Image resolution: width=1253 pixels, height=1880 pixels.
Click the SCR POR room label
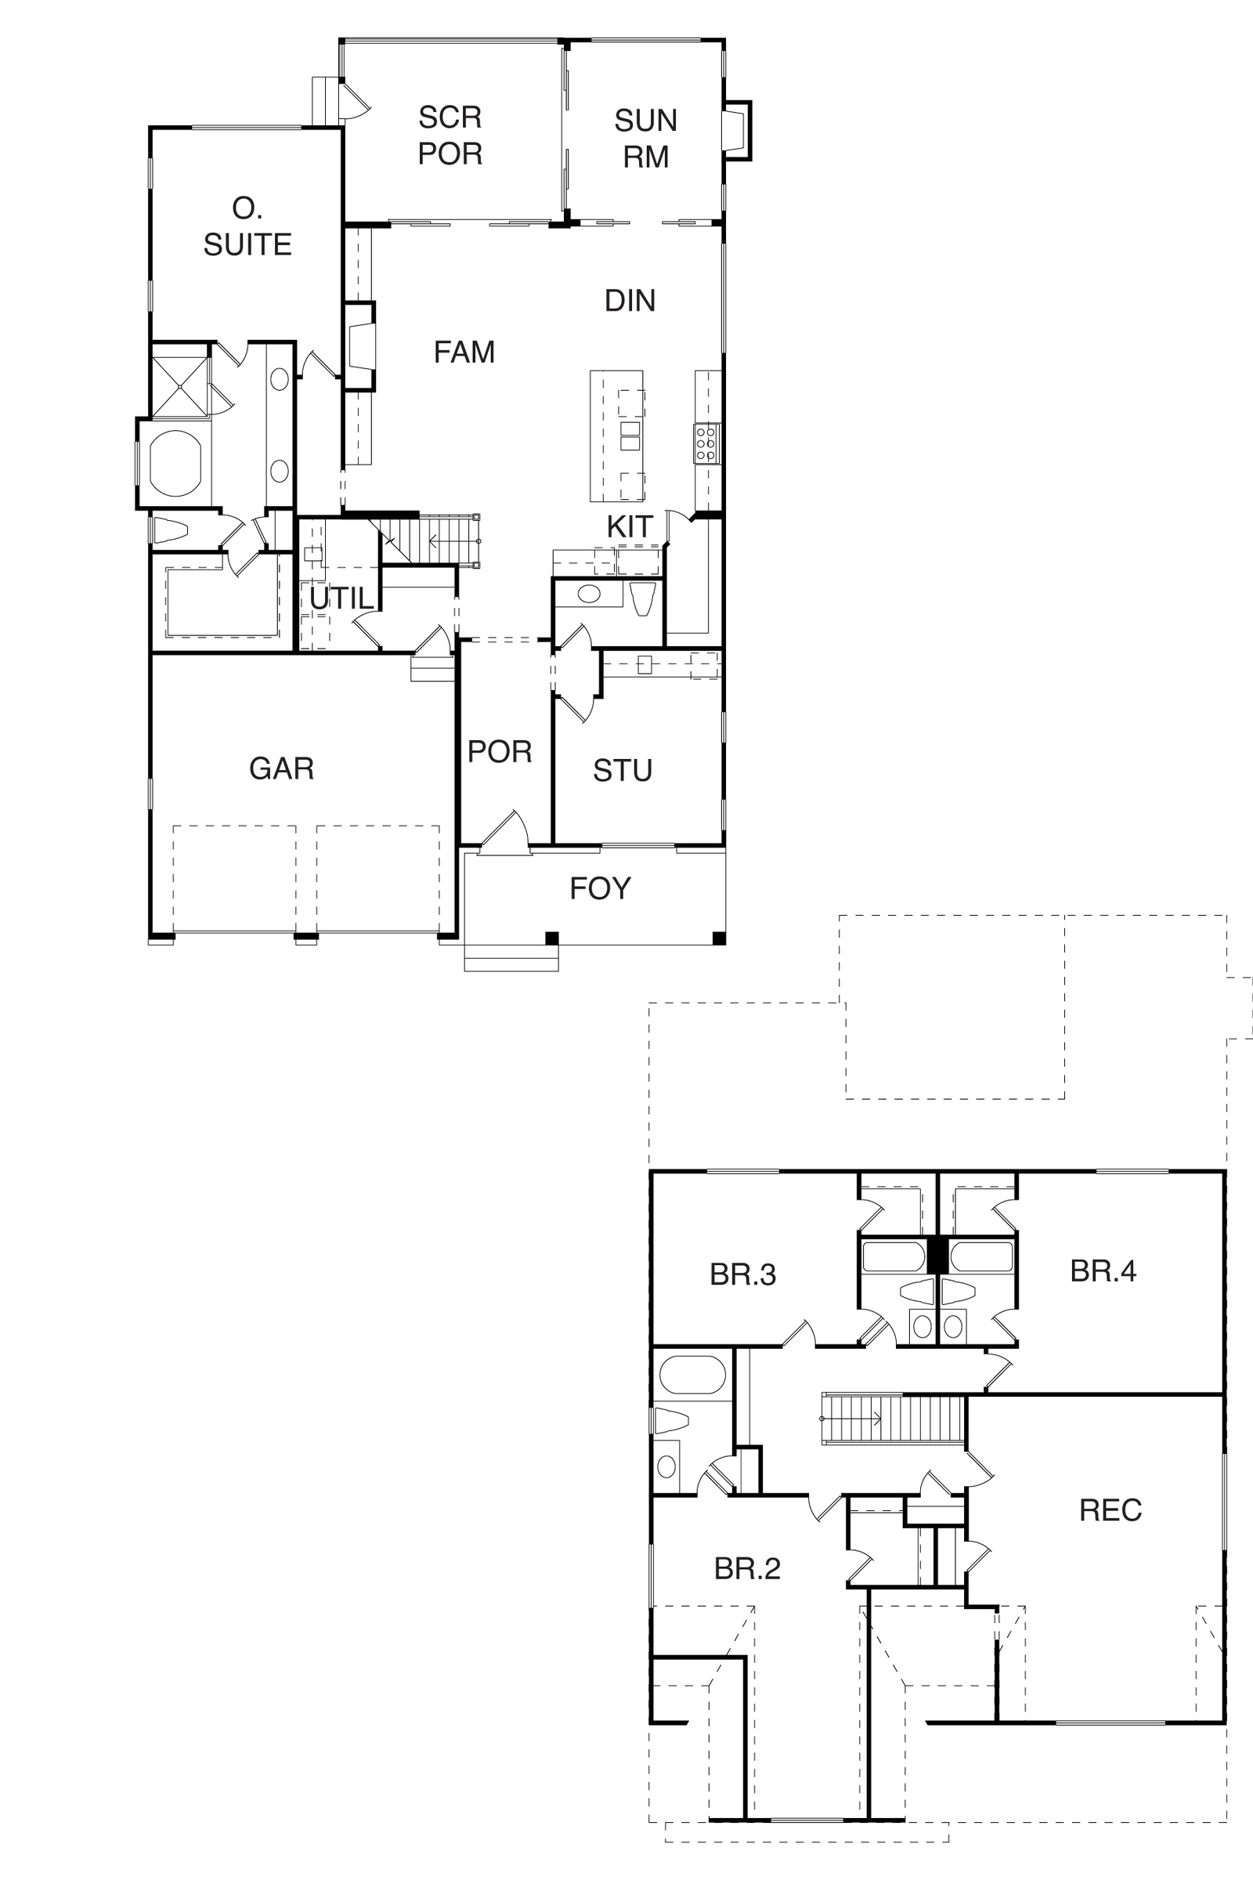[x=450, y=135]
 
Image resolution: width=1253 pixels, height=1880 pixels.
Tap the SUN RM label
[x=645, y=139]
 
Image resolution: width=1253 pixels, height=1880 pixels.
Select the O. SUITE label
[x=247, y=226]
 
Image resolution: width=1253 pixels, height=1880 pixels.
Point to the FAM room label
[x=464, y=352]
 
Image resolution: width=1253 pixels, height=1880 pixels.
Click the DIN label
[x=630, y=301]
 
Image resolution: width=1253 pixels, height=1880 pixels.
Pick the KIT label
[x=630, y=526]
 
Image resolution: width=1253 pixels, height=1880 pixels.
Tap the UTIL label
[x=342, y=598]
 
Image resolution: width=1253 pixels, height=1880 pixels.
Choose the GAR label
[x=281, y=768]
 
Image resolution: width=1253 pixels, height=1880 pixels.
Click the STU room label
[x=623, y=771]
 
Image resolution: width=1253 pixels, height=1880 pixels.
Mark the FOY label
[x=600, y=888]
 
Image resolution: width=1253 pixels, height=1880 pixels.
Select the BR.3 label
[x=742, y=1274]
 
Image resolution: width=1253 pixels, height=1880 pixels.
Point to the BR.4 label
[x=1103, y=1271]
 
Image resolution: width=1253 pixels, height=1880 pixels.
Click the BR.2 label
[x=747, y=1568]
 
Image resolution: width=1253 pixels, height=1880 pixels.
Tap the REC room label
[x=1110, y=1510]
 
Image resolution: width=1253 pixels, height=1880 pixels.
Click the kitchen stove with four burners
[x=706, y=443]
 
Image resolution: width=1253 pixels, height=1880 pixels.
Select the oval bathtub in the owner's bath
[x=174, y=463]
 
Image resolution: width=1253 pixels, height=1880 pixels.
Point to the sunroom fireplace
[x=736, y=131]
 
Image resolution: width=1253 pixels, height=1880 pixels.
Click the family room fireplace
[x=359, y=345]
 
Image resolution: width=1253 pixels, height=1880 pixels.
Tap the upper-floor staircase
[x=894, y=1419]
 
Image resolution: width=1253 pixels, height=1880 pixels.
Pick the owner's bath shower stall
[x=180, y=387]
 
